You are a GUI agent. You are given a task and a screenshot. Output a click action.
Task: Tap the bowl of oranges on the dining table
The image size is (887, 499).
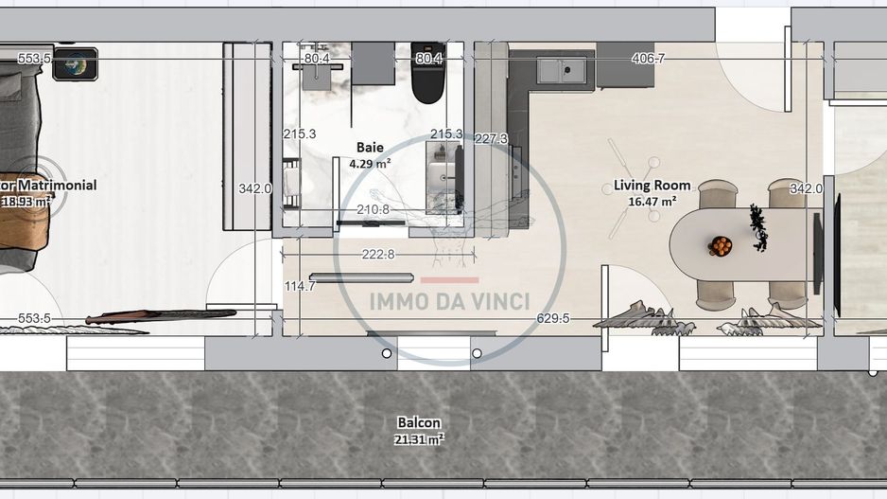[721, 246]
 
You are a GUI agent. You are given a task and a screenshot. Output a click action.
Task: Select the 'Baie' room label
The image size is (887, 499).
[370, 147]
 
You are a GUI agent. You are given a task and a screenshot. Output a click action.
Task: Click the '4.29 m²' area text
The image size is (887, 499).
[370, 163]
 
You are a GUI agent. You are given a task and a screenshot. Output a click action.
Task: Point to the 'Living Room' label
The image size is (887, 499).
[652, 186]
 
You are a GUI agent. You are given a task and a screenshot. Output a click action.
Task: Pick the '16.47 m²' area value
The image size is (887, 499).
[652, 201]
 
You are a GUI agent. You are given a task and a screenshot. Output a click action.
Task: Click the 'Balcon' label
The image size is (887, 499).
[418, 422]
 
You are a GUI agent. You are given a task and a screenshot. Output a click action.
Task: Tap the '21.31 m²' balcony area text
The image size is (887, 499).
[418, 438]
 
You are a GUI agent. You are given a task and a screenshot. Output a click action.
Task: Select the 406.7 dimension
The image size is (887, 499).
[648, 59]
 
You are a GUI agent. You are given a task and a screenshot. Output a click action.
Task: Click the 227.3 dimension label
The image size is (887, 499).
[491, 138]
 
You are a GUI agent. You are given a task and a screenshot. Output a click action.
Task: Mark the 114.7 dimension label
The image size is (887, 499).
[300, 286]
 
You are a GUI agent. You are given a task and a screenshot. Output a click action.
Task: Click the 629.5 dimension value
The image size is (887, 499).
[553, 318]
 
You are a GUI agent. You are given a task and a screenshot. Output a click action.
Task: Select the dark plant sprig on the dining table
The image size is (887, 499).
[758, 228]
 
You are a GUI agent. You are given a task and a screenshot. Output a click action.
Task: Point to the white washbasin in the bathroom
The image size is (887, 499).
[441, 175]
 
